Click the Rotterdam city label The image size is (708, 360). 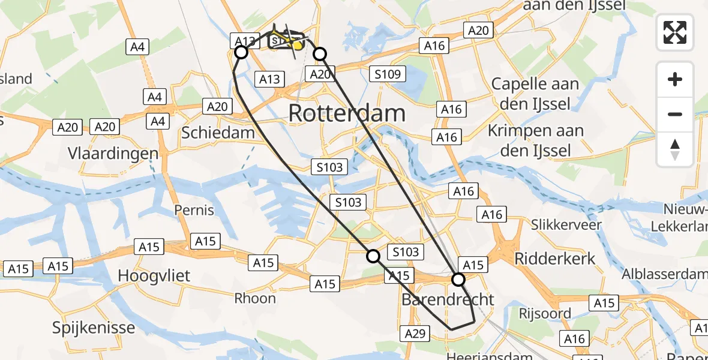coord(347,113)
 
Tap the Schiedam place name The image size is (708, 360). coord(218,133)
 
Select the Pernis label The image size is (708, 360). coord(194,210)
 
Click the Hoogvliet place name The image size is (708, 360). coord(154,276)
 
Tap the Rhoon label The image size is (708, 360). coord(255,298)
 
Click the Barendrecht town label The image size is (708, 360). coord(448,299)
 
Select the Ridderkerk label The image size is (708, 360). coord(555,259)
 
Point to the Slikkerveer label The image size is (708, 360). coord(566,224)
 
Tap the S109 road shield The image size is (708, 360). coord(387,74)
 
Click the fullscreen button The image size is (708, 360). coord(675,32)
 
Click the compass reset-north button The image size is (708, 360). coord(675,149)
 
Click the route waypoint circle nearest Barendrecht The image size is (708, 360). coord(458,280)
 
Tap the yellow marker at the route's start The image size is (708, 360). coord(297,46)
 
